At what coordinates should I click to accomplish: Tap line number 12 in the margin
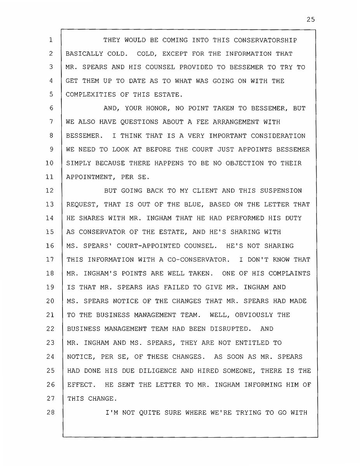pos(49,191)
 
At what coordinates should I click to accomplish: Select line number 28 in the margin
pos(49,412)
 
